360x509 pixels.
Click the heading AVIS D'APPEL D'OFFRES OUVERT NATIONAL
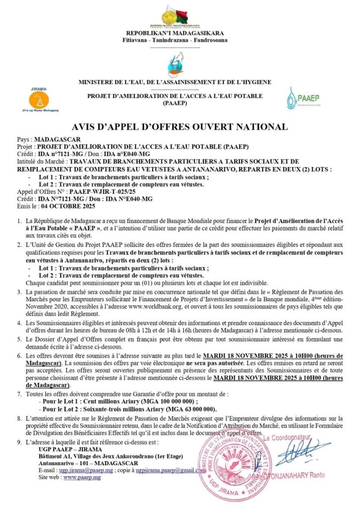click(180, 127)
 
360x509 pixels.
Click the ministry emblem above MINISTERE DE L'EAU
click(180, 67)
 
